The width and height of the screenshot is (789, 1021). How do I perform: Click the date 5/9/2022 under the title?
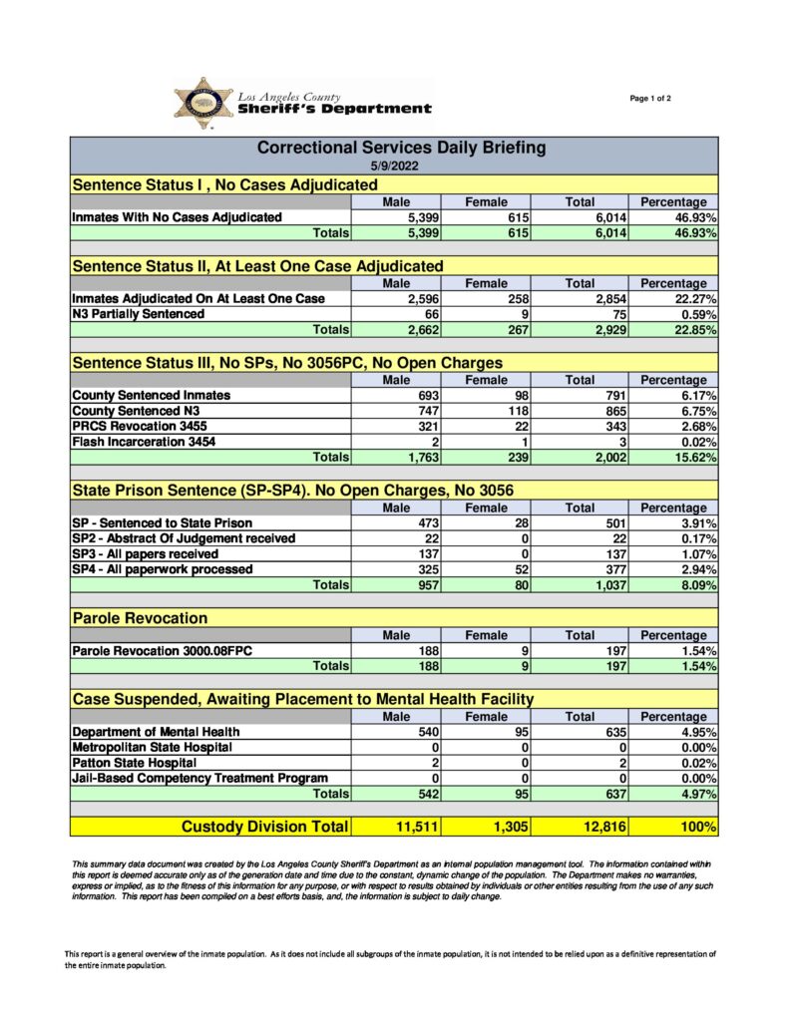click(393, 166)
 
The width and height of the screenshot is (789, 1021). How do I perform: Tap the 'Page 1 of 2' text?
click(650, 98)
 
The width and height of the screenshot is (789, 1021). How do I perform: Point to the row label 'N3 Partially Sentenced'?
click(139, 314)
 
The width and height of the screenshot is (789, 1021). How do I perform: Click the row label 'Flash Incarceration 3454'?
click(144, 442)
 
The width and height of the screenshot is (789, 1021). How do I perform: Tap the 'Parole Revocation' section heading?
click(140, 618)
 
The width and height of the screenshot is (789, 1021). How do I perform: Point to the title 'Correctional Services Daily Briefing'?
click(402, 148)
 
